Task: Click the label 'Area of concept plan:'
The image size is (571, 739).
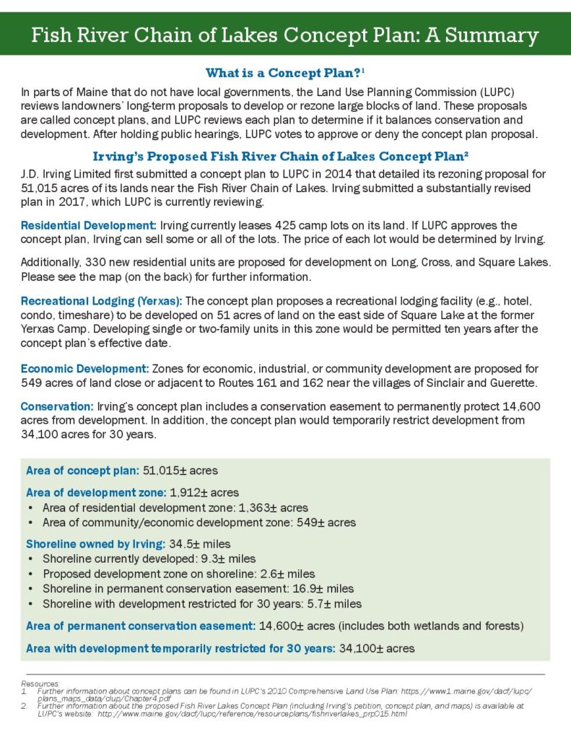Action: [x=82, y=471]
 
